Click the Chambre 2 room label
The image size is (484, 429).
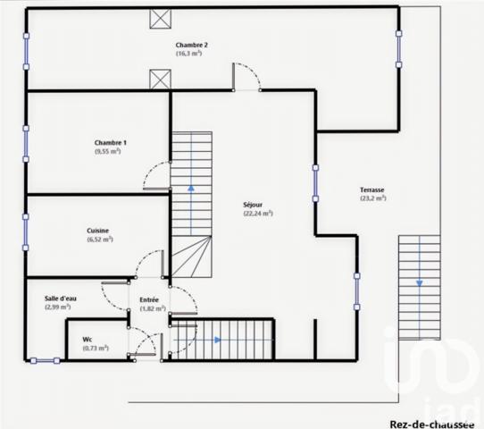click(x=191, y=45)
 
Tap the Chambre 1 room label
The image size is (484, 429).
click(x=110, y=143)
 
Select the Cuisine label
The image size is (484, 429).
click(x=97, y=231)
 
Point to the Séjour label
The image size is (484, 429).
click(x=253, y=205)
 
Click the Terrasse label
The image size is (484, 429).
click(x=372, y=189)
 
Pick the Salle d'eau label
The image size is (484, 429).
click(x=61, y=299)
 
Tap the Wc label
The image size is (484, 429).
click(x=87, y=340)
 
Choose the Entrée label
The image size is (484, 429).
click(x=149, y=299)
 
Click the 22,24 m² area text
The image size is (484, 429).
click(x=258, y=213)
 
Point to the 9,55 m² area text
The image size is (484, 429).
click(x=107, y=151)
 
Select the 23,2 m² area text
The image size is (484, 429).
click(x=373, y=198)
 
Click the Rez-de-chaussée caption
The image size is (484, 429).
click(x=432, y=424)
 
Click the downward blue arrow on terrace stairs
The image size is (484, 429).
click(x=419, y=282)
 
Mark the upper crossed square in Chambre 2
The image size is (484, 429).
click(x=160, y=19)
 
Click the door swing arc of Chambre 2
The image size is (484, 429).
click(x=251, y=71)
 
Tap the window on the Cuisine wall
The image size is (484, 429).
click(x=26, y=232)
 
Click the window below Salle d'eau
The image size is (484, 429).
click(x=45, y=360)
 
